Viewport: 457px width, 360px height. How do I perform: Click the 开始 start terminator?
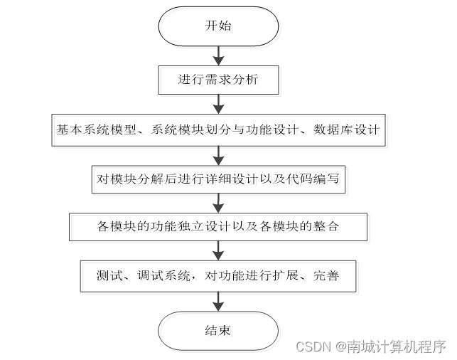click(x=217, y=28)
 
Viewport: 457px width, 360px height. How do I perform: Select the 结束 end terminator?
click(x=217, y=331)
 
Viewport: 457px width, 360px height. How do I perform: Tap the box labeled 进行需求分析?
click(x=217, y=80)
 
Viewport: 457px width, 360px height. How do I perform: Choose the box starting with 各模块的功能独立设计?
click(x=217, y=228)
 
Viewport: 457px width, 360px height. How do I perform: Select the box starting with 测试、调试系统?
click(x=217, y=275)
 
